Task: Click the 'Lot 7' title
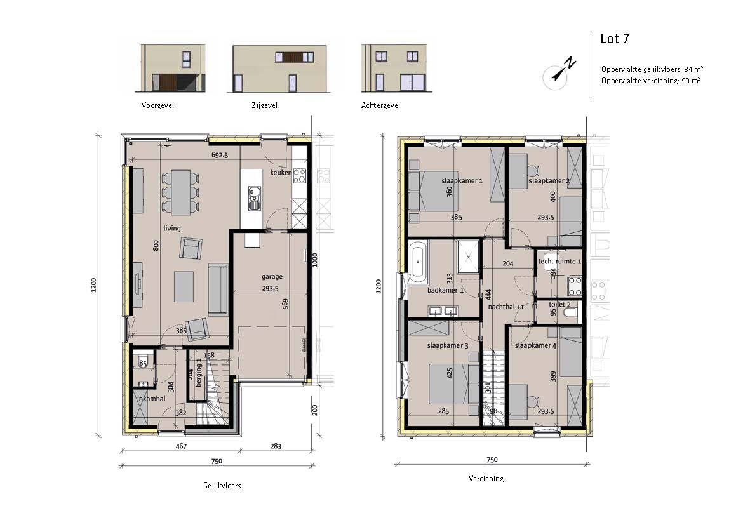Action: click(x=615, y=39)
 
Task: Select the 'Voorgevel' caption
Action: click(x=157, y=105)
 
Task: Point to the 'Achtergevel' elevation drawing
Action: click(x=394, y=69)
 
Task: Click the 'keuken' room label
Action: click(x=281, y=172)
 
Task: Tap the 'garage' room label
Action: click(x=272, y=276)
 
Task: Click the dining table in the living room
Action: click(x=180, y=192)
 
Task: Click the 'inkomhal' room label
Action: click(x=151, y=398)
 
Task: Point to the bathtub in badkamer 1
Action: click(x=419, y=261)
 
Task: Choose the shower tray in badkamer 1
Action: click(x=468, y=256)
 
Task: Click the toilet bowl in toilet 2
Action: click(x=571, y=313)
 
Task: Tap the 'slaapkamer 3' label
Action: click(x=447, y=345)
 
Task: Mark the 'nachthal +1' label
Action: click(x=506, y=307)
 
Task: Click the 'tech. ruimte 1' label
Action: click(x=559, y=262)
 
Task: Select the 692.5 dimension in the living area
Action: click(x=219, y=155)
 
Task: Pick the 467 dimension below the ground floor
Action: click(x=181, y=446)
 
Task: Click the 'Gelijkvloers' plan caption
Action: click(x=222, y=485)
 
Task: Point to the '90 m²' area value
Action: click(x=691, y=81)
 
